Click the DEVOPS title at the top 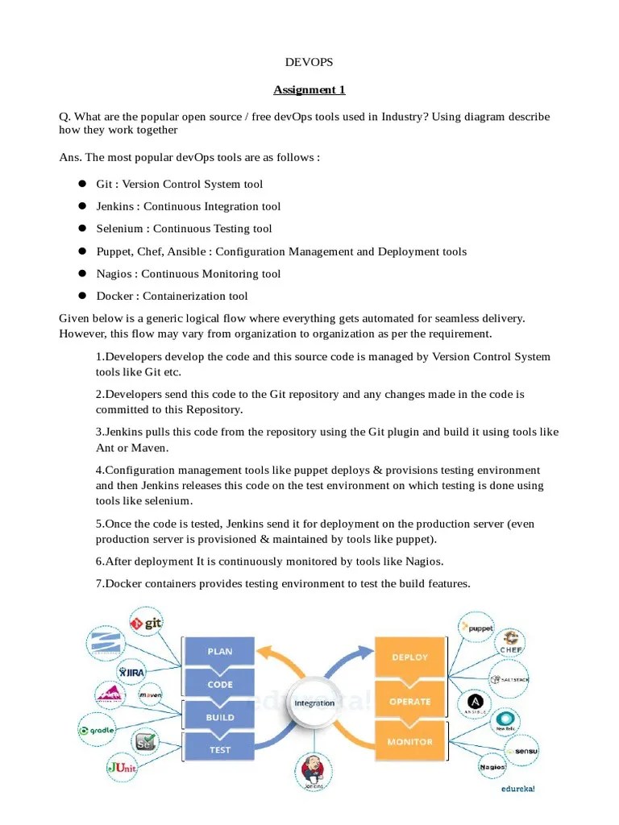309,63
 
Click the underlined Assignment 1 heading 309,89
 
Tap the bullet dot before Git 81,184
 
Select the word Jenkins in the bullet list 115,206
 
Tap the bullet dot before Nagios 81,274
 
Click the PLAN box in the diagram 220,651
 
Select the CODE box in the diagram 220,684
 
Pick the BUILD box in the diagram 220,717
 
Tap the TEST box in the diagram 220,749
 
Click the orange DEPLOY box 409,657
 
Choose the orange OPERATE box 409,701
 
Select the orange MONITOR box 409,742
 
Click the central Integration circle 314,703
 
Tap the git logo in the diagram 147,623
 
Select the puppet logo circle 476,626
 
